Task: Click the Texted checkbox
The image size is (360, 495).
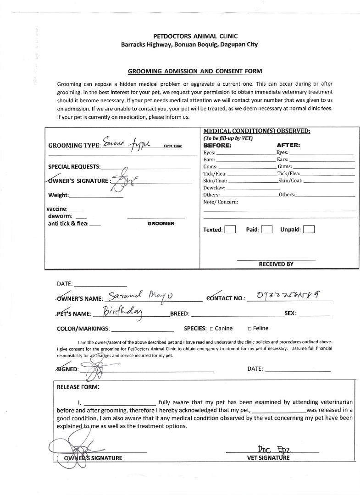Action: (x=230, y=230)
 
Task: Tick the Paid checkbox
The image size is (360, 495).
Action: (x=266, y=230)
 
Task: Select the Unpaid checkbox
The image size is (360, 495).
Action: (x=309, y=230)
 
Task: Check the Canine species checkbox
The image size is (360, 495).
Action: (x=212, y=329)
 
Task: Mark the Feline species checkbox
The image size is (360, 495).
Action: (x=249, y=329)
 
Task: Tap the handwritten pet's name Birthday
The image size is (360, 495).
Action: (x=123, y=313)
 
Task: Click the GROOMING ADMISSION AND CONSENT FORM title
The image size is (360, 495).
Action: (x=195, y=71)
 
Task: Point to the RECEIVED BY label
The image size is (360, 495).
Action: (x=276, y=264)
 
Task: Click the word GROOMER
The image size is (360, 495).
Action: (x=161, y=224)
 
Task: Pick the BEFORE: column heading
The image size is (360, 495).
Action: (x=217, y=145)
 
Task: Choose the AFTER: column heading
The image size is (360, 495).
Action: (x=288, y=145)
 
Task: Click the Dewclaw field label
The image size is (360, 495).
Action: (x=214, y=188)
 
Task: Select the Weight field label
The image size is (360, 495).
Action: (x=58, y=195)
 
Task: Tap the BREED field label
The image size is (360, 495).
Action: (x=179, y=314)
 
